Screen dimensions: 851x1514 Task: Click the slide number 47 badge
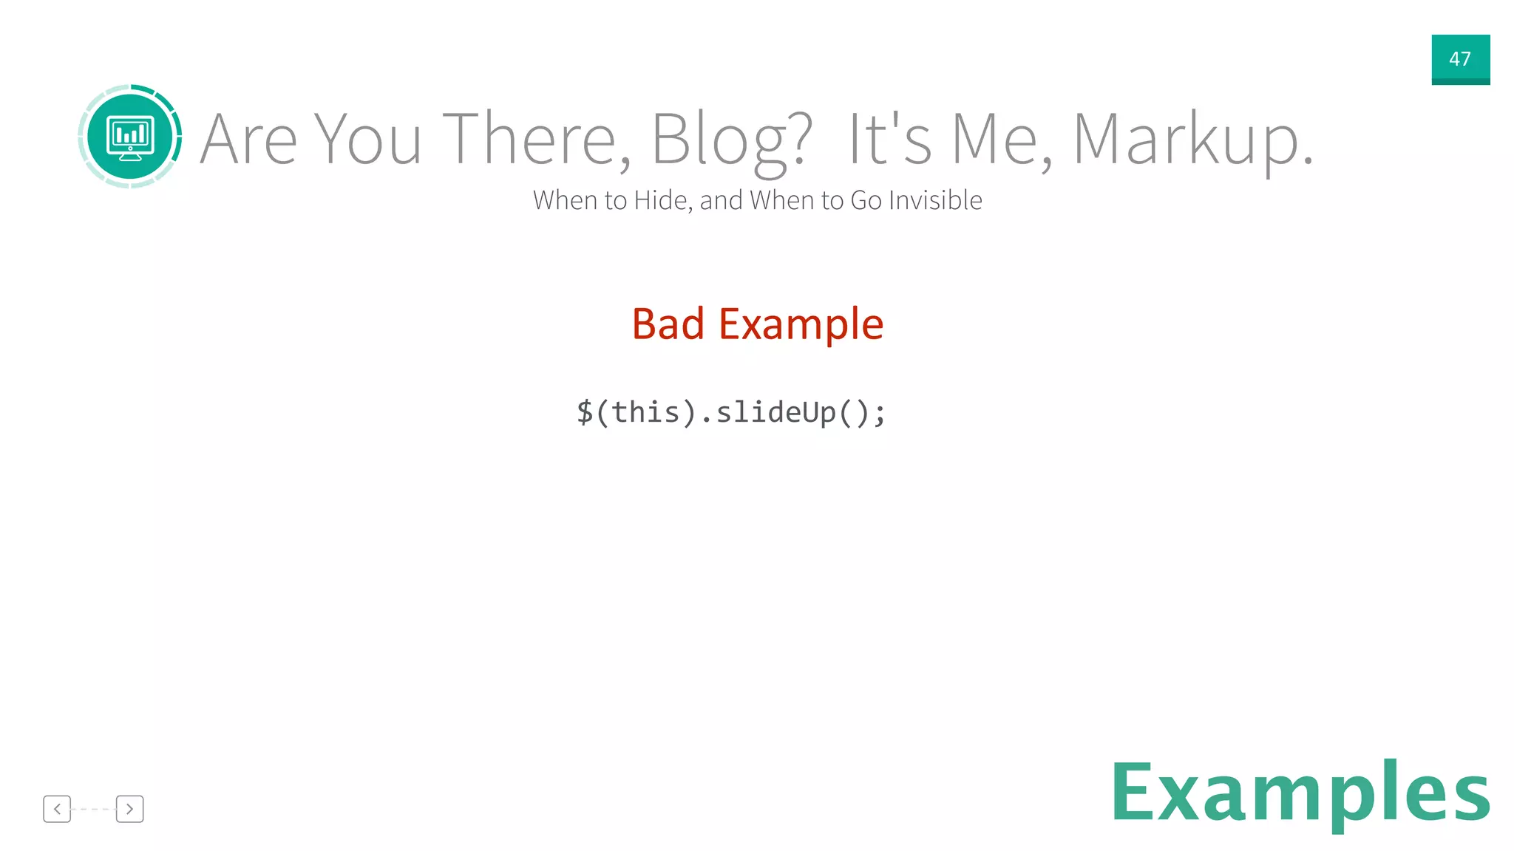pyautogui.click(x=1460, y=59)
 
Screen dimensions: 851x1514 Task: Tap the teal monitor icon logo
pyautogui.click(x=130, y=137)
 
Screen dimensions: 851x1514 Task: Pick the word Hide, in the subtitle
pyautogui.click(x=663, y=200)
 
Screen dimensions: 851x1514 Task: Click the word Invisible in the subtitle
pyautogui.click(x=935, y=200)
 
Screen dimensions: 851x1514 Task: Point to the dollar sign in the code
pyautogui.click(x=585, y=412)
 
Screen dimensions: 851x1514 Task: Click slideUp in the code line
pyautogui.click(x=776, y=412)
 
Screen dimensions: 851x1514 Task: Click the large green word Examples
pyautogui.click(x=1300, y=792)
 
